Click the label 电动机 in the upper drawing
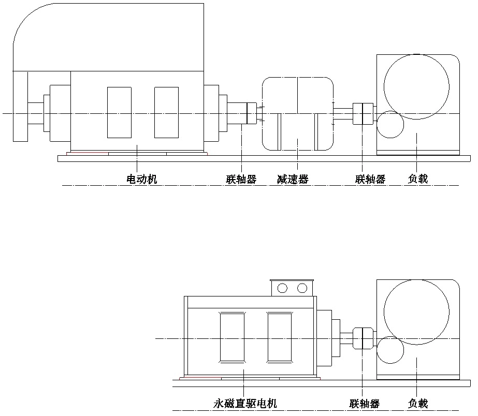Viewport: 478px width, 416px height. click(x=141, y=180)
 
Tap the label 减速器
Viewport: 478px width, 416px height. click(x=293, y=180)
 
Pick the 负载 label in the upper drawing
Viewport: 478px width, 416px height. click(x=418, y=180)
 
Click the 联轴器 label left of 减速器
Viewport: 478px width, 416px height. click(x=241, y=180)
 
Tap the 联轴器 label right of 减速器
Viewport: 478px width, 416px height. click(x=370, y=180)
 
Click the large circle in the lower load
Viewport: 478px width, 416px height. click(x=416, y=311)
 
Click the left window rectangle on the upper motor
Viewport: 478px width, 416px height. click(x=119, y=112)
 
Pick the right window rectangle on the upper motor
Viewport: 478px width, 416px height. click(x=166, y=112)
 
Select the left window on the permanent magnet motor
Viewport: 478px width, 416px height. click(x=231, y=337)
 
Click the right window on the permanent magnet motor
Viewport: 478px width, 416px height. click(x=279, y=337)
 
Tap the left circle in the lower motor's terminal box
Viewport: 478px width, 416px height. click(x=283, y=288)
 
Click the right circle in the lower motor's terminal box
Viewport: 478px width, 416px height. click(x=302, y=288)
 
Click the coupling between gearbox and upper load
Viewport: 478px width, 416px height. click(x=363, y=113)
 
